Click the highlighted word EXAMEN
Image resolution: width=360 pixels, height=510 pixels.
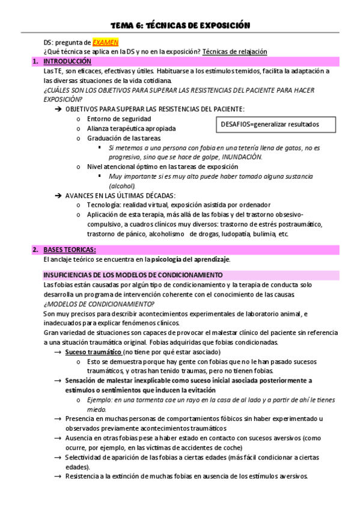[105, 43]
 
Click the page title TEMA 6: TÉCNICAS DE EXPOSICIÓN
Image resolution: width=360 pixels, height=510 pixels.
[180, 25]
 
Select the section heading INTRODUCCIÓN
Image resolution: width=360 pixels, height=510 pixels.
[67, 61]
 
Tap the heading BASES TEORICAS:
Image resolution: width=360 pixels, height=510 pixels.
[69, 250]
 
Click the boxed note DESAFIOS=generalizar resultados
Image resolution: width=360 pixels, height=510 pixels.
[267, 124]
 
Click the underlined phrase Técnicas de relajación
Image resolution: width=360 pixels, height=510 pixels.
[235, 52]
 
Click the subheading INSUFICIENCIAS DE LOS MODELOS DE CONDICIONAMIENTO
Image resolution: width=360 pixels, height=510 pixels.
[133, 275]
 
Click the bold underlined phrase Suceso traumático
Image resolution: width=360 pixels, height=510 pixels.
[93, 352]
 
